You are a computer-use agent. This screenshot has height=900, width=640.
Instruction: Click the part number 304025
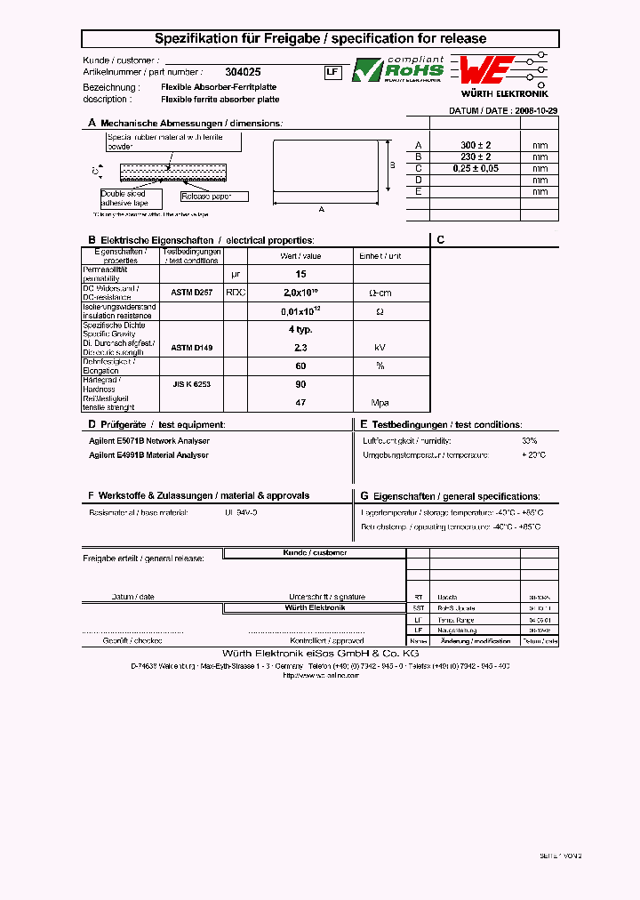coord(243,72)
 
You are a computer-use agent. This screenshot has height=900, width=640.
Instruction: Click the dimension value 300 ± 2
coord(476,145)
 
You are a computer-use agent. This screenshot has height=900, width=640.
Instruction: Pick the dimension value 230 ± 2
coord(476,157)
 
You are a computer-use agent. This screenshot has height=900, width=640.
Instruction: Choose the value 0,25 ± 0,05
coord(476,168)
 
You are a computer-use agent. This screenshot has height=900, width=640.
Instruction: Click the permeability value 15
coord(300,274)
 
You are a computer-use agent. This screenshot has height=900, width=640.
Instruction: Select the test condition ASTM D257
coord(191,292)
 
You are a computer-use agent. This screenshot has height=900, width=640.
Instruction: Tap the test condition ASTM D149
coord(191,348)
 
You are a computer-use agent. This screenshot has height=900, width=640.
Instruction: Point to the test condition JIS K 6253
coord(191,384)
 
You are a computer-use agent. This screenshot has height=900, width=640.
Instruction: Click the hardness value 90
coord(300,384)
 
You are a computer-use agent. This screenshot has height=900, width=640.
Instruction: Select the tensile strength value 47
coord(300,403)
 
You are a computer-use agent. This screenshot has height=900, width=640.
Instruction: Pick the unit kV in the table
coord(380,348)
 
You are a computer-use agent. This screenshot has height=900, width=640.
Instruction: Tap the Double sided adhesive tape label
coord(124,198)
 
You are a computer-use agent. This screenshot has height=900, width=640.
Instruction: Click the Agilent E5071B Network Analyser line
coord(149,440)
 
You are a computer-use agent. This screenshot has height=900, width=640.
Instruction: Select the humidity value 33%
coord(529,440)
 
